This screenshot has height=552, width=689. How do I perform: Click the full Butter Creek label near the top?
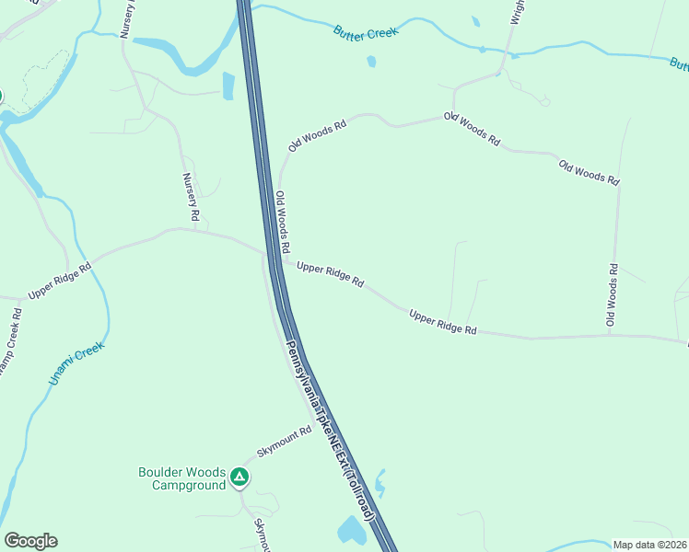coord(367,32)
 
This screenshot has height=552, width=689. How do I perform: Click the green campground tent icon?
coord(239,477)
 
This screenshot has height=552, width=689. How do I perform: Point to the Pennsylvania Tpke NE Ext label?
coord(329,431)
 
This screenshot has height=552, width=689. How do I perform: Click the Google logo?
coord(30,541)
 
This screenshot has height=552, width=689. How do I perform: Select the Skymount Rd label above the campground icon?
coord(285,444)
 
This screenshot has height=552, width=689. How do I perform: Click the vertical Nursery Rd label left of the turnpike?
coord(191,197)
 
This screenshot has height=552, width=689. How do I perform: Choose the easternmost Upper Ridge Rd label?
coord(443,322)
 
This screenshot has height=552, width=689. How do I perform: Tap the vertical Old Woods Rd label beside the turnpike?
coord(283,222)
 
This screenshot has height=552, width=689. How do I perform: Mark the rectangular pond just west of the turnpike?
coord(228,86)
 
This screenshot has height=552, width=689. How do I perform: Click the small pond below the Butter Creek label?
coord(371,62)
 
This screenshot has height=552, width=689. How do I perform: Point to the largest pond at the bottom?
coord(352,530)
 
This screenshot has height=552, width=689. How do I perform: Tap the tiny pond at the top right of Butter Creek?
coord(475,21)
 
